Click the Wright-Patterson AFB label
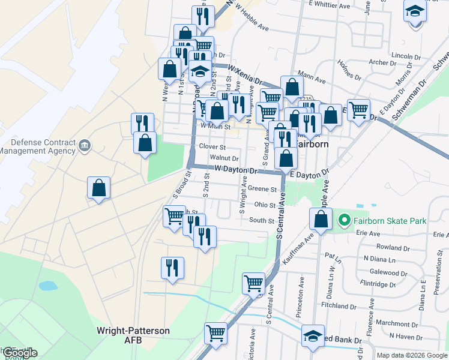pyautogui.click(x=133, y=335)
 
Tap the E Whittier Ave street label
pyautogui.click(x=329, y=4)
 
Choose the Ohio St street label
pyautogui.click(x=264, y=205)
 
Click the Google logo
pyautogui.click(x=20, y=353)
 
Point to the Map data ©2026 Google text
pyautogui.click(x=412, y=355)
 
